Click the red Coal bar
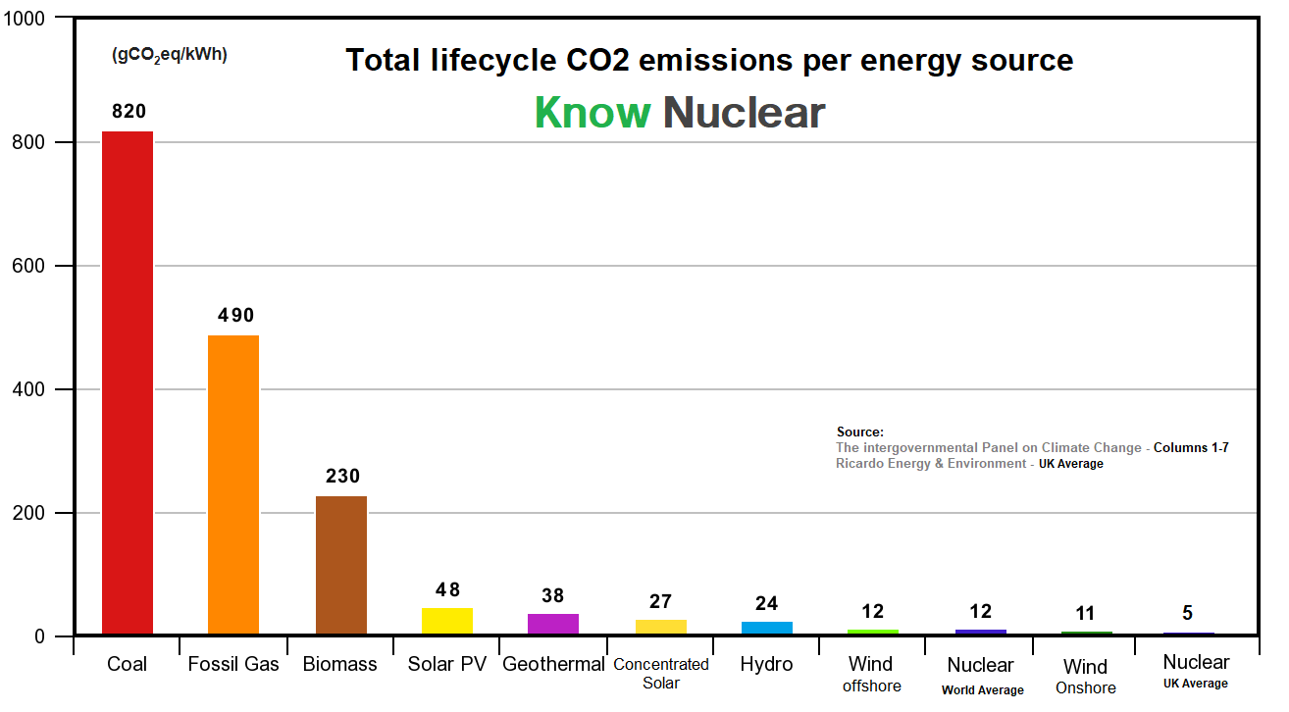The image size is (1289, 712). (x=128, y=382)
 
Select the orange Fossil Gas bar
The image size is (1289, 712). (x=233, y=484)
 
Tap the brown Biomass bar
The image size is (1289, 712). (x=341, y=565)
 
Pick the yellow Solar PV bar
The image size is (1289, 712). (x=447, y=621)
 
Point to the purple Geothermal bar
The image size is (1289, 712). (x=553, y=624)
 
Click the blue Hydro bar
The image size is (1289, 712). (x=767, y=628)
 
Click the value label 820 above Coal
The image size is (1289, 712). (x=129, y=111)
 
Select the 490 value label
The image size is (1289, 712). (x=236, y=315)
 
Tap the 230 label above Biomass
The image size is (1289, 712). (x=343, y=477)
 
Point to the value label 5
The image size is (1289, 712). (x=1187, y=613)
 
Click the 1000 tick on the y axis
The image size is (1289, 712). (x=25, y=19)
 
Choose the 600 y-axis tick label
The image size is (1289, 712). (x=28, y=266)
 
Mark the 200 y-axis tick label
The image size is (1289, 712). (x=28, y=513)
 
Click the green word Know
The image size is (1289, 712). (x=593, y=112)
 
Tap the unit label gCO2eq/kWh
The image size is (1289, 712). (x=170, y=55)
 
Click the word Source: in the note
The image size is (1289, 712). (x=859, y=432)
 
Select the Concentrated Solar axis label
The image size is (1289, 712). (x=661, y=674)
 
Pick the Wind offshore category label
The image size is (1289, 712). (x=871, y=675)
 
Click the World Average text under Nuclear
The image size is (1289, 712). (x=982, y=690)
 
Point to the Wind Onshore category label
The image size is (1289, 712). (x=1086, y=677)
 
